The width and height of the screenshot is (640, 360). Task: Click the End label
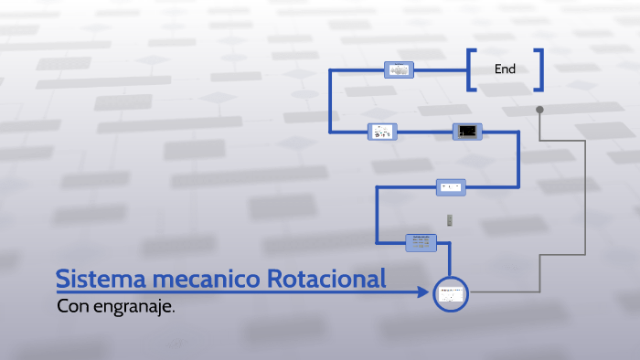505,69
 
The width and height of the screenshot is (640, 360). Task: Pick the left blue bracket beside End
470,69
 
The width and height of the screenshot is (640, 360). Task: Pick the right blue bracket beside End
540,69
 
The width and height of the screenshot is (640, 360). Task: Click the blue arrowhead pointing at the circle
423,292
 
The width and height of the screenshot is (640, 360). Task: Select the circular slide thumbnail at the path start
450,292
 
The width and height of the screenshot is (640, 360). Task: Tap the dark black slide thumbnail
466,132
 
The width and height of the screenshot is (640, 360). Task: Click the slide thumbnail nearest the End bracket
399,69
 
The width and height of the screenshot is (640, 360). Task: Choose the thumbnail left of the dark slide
381,132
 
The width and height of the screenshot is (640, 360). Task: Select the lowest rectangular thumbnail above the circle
421,242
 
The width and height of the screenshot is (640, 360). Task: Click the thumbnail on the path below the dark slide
451,186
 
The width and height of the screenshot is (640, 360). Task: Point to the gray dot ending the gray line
539,110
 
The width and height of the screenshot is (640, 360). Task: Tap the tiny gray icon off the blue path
450,219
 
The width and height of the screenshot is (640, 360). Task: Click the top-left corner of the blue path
331,69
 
